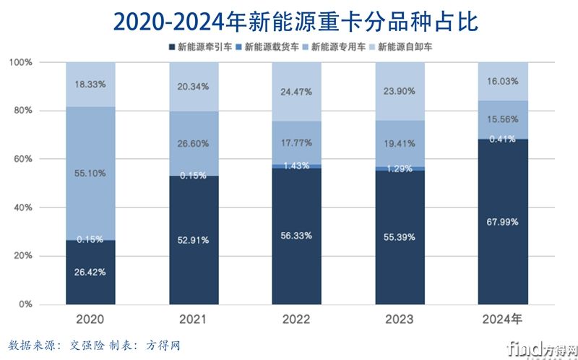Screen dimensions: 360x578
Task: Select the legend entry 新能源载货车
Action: (x=271, y=48)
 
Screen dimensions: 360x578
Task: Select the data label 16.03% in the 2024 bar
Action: (x=503, y=82)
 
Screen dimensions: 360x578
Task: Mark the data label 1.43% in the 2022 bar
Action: (x=297, y=166)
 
